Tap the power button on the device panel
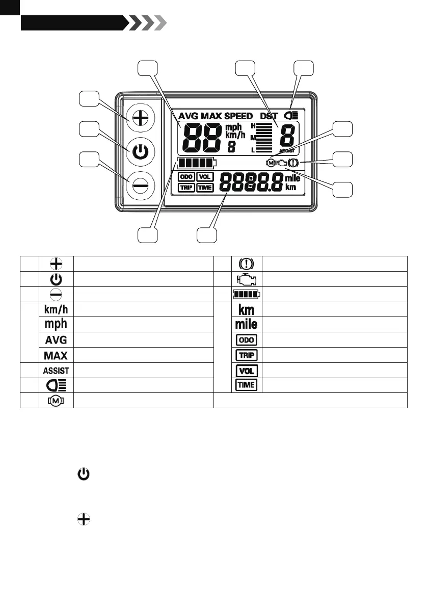pyautogui.click(x=140, y=152)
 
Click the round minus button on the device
pyautogui.click(x=140, y=186)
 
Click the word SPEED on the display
pyautogui.click(x=238, y=116)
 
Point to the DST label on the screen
pyautogui.click(x=269, y=116)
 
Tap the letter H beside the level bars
pyautogui.click(x=253, y=125)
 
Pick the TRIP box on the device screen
pyautogui.click(x=186, y=188)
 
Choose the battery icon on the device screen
pyautogui.click(x=197, y=164)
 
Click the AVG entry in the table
pyautogui.click(x=56, y=339)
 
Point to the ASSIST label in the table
pyautogui.click(x=56, y=371)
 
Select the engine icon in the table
pyautogui.click(x=247, y=279)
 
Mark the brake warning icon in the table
pyautogui.click(x=247, y=264)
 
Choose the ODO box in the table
pyautogui.click(x=247, y=339)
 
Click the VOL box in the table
pyautogui.click(x=247, y=371)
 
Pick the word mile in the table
pyautogui.click(x=247, y=324)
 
